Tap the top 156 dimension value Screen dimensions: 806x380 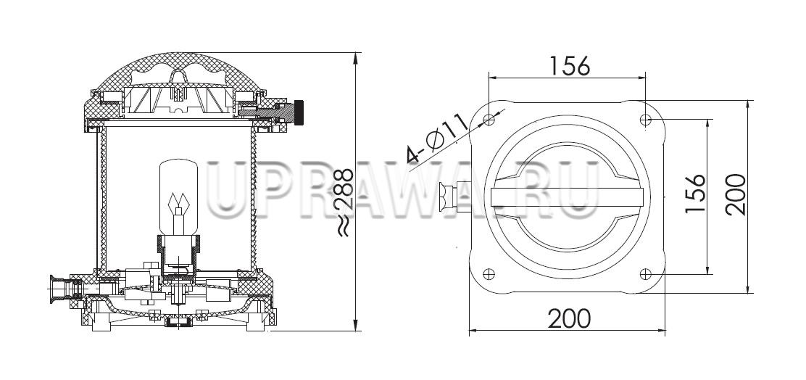coord(570,65)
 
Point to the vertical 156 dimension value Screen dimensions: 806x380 coord(696,194)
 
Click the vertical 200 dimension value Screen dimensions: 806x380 coord(736,194)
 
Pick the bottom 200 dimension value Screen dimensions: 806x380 coord(569,318)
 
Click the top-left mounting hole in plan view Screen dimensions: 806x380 coord(489,120)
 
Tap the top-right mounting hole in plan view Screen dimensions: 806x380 coord(646,120)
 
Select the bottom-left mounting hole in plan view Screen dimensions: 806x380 coord(489,274)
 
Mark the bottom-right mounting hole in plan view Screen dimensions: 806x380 coord(646,274)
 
